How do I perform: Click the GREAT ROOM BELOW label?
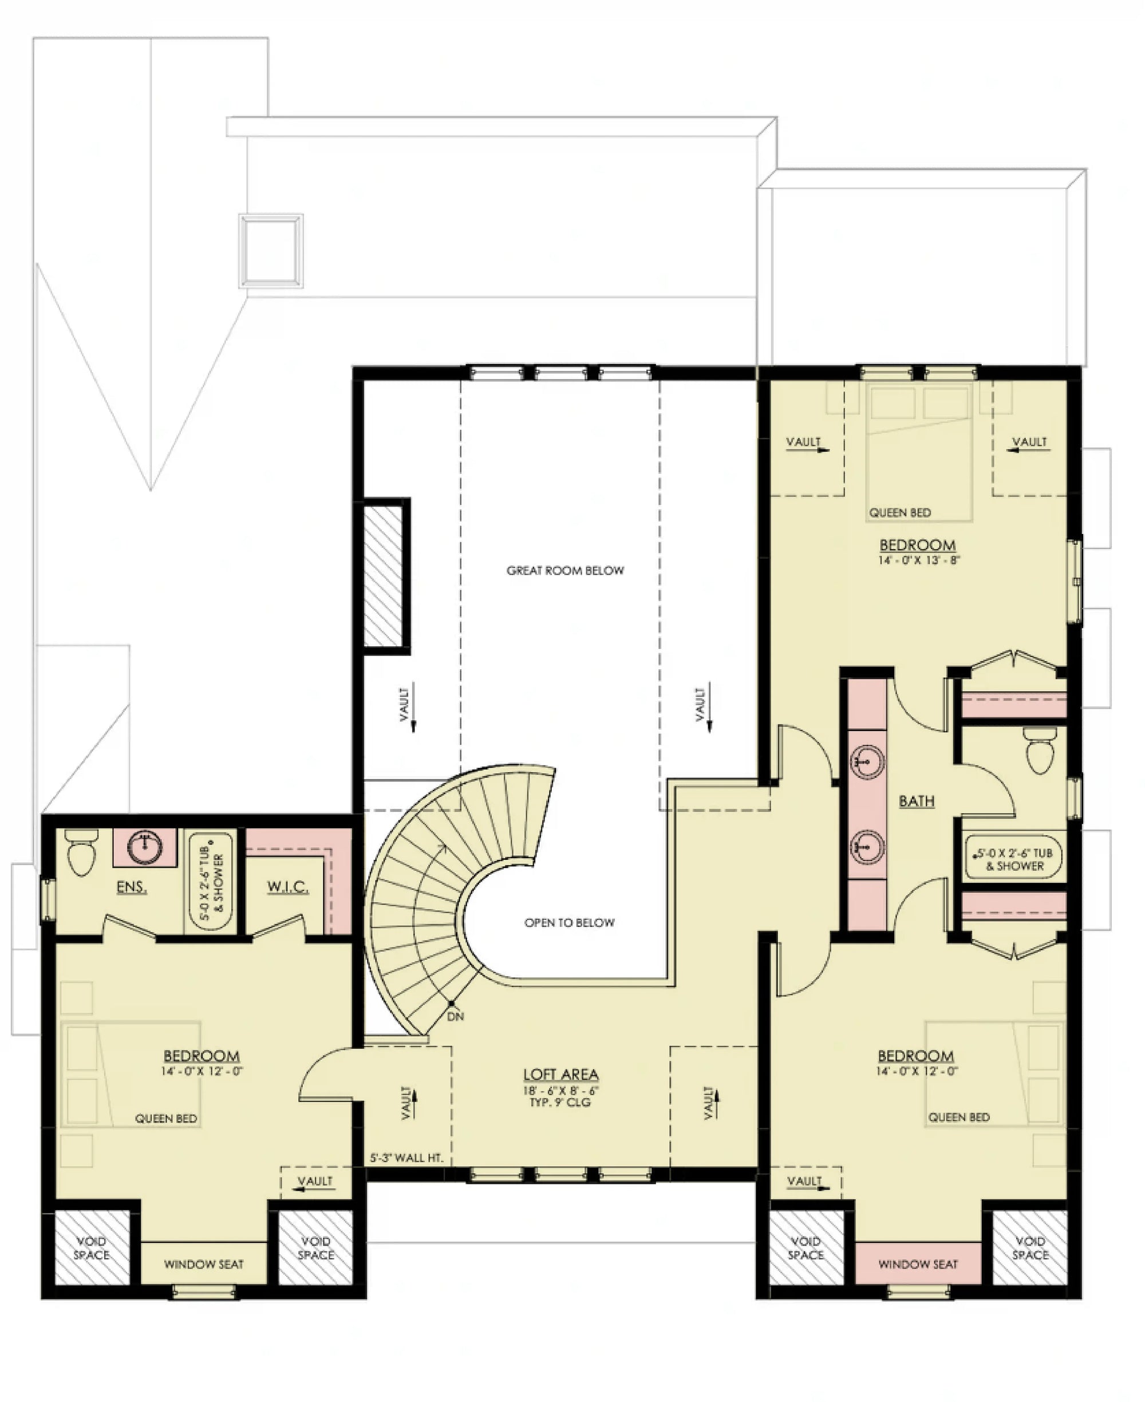(x=565, y=570)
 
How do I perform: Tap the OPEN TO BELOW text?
(x=569, y=923)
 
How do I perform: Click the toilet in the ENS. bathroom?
(x=82, y=854)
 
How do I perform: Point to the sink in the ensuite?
(x=144, y=846)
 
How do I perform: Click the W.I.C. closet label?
(x=287, y=887)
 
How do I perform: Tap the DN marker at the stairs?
(x=455, y=1017)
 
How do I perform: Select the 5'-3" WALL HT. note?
(x=406, y=1158)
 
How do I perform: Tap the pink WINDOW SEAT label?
(x=918, y=1264)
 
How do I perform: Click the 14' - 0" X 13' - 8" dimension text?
(x=918, y=560)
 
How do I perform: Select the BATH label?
(x=917, y=801)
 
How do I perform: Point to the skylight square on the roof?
(x=271, y=251)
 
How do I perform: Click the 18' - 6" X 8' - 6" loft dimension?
(x=560, y=1091)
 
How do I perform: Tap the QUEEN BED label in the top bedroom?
(x=899, y=512)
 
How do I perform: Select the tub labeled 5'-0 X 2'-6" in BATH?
(x=1014, y=859)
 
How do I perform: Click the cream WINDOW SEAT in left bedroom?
(x=204, y=1264)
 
